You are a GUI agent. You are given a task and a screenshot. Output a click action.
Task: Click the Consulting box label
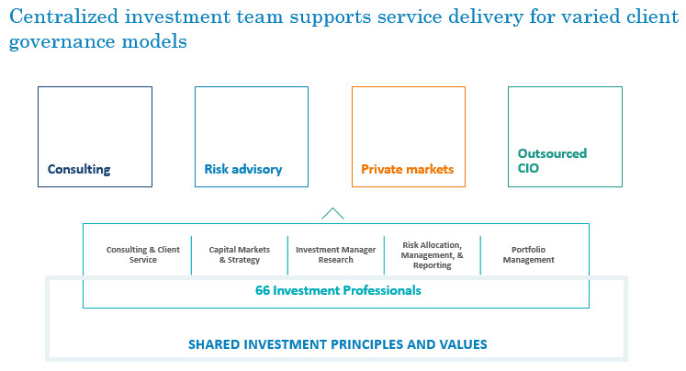(x=79, y=169)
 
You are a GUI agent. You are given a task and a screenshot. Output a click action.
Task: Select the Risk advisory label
(x=243, y=169)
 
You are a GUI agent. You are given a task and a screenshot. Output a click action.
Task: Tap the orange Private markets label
(x=408, y=169)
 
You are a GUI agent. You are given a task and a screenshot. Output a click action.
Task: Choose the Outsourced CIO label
(x=552, y=161)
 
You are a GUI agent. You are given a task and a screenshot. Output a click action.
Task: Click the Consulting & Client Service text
(x=143, y=254)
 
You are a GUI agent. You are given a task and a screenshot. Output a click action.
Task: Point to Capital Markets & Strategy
(x=240, y=254)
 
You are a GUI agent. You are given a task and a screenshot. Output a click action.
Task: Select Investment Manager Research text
(x=335, y=254)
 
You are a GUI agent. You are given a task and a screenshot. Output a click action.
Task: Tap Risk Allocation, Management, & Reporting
(x=433, y=255)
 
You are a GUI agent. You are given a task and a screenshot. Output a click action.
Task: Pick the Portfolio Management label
(x=528, y=254)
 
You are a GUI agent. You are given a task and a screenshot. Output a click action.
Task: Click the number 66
(x=263, y=290)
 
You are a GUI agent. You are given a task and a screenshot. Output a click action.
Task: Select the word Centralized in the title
(x=64, y=17)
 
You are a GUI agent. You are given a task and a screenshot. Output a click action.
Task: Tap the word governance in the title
(x=62, y=42)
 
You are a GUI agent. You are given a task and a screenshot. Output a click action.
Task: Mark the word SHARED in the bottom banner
(x=214, y=344)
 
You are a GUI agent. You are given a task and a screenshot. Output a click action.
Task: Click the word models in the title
(x=154, y=41)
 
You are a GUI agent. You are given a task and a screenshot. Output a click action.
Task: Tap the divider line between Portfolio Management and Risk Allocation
(x=480, y=255)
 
